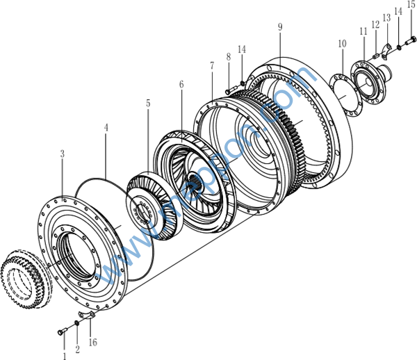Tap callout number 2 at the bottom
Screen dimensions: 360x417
77,348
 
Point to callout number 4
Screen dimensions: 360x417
106,129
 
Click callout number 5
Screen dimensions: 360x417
147,104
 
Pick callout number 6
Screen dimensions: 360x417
181,85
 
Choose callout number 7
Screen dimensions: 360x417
212,65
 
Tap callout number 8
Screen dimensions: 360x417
228,56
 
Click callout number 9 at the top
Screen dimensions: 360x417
279,27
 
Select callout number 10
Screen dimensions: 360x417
342,44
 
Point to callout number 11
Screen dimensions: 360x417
363,31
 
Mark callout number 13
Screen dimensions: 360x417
386,19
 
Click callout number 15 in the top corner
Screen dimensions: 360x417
411,5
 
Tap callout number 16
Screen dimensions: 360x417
93,342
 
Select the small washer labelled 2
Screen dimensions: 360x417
76,325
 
